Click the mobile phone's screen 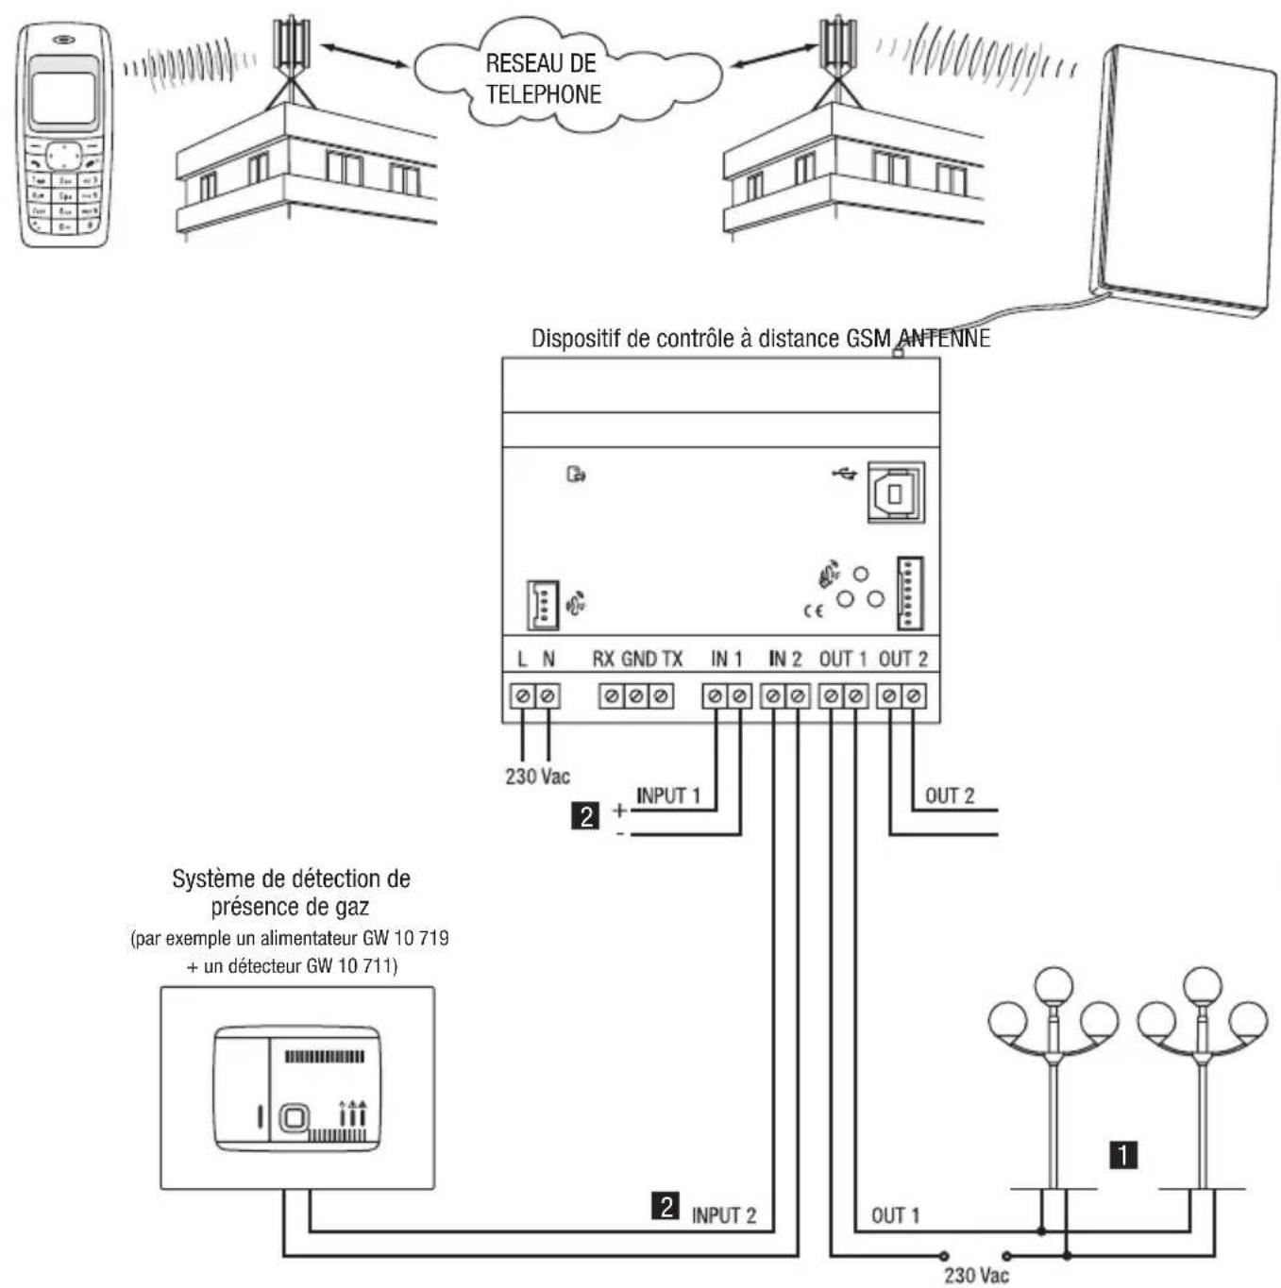pyautogui.click(x=63, y=98)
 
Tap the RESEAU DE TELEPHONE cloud pyautogui.click(x=543, y=78)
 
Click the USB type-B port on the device pyautogui.click(x=896, y=493)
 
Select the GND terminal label pyautogui.click(x=639, y=659)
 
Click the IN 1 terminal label pyautogui.click(x=727, y=659)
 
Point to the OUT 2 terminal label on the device pyautogui.click(x=902, y=659)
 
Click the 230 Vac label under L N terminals pyautogui.click(x=537, y=777)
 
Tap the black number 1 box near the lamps pyautogui.click(x=1123, y=1154)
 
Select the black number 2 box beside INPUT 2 pyautogui.click(x=666, y=1206)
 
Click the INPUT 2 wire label pyautogui.click(x=724, y=1215)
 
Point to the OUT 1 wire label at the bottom pyautogui.click(x=895, y=1215)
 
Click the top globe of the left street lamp pyautogui.click(x=1053, y=985)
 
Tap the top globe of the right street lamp pyautogui.click(x=1203, y=985)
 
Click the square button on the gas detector pyautogui.click(x=294, y=1119)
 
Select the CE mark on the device pyautogui.click(x=813, y=611)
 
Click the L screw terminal pyautogui.click(x=522, y=696)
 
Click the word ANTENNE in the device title pyautogui.click(x=943, y=338)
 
